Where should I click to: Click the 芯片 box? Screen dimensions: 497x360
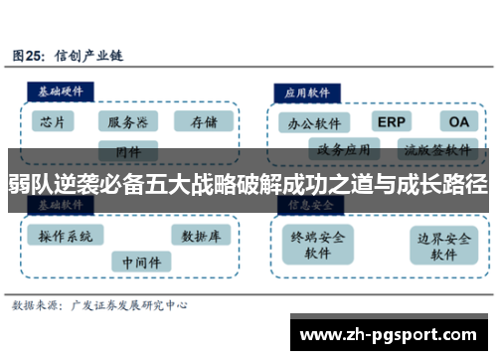(x=53, y=122)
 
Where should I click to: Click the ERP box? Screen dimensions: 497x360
(x=391, y=121)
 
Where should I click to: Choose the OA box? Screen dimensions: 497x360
(x=458, y=121)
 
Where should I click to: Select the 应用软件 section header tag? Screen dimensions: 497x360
(x=308, y=90)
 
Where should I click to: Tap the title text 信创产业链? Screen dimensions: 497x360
(x=92, y=55)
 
